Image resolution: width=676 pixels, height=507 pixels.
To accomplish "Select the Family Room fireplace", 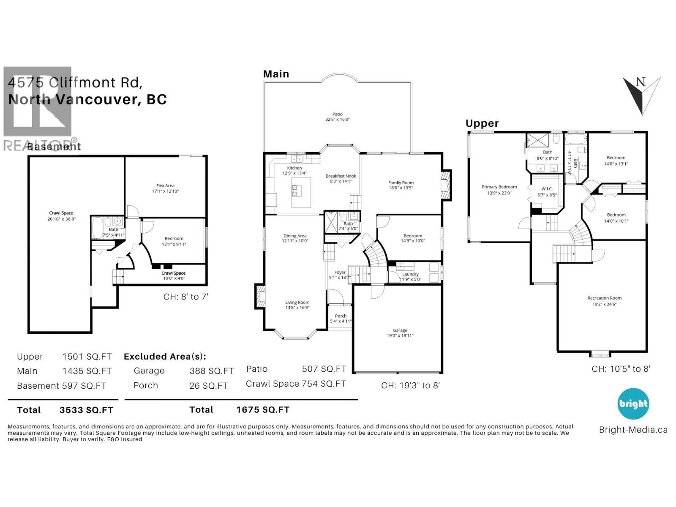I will click(x=446, y=185).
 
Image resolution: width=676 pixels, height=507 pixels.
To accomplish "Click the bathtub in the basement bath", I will click(x=97, y=228).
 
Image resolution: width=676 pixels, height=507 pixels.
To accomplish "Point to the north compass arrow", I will click(x=641, y=95).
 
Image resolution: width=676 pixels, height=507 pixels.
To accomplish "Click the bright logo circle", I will click(x=633, y=404).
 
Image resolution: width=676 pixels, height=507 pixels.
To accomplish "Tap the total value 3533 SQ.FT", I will click(x=86, y=410).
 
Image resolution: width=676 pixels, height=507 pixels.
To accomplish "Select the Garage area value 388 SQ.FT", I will click(x=211, y=371).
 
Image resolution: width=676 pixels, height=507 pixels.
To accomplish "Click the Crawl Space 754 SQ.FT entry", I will click(x=296, y=384).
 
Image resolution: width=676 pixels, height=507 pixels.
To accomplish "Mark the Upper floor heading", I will click(x=482, y=123).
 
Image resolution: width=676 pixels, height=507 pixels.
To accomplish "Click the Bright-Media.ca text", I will click(x=633, y=430).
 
